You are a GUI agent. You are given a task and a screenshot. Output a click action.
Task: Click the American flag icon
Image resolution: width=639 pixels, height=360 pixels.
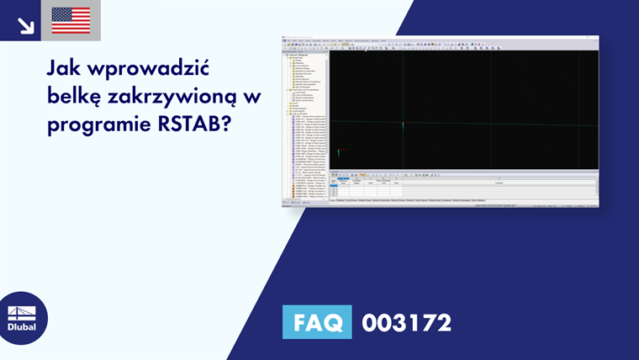click(71, 20)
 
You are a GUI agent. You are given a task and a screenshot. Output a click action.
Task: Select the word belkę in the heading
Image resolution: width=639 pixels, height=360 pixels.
click(78, 98)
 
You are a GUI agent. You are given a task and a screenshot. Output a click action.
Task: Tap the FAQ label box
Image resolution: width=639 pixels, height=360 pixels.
click(318, 322)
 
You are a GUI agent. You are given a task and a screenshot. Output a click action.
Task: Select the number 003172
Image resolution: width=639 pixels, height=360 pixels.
click(407, 322)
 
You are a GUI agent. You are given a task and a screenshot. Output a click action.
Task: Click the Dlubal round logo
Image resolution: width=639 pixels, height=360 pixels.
click(23, 318)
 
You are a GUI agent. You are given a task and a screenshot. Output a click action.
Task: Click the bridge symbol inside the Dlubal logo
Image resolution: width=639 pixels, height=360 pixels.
click(23, 312)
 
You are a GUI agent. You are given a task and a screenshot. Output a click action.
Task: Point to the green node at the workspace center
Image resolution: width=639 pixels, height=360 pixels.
click(403, 125)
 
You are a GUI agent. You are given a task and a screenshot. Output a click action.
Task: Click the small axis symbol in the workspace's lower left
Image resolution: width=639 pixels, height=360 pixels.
click(339, 153)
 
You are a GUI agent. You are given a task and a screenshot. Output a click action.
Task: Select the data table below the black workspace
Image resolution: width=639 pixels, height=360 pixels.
click(463, 187)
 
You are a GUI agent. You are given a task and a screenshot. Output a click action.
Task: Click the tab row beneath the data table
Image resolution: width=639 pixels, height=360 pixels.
click(420, 201)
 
